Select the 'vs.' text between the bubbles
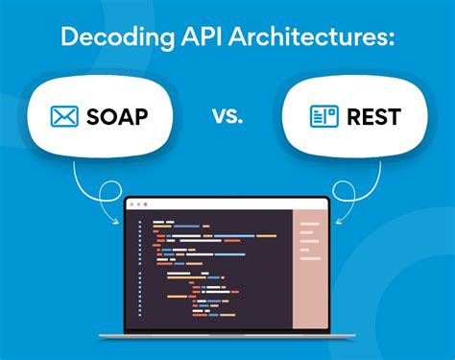(x=227, y=116)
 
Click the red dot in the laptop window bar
(x=133, y=204)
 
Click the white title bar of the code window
(x=227, y=204)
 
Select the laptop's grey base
(x=227, y=335)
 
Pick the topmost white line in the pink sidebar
(x=309, y=224)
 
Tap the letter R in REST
(x=355, y=118)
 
